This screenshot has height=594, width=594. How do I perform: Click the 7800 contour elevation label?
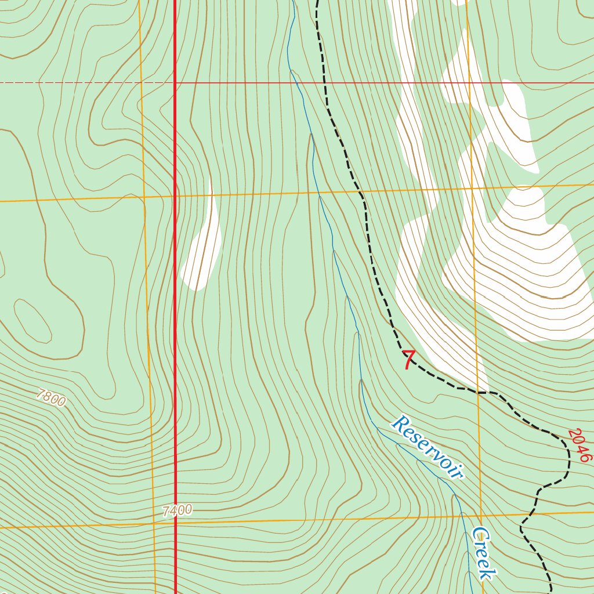tap(50, 399)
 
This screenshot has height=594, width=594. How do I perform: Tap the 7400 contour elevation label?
tap(177, 510)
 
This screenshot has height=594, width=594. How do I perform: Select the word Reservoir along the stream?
tap(428, 447)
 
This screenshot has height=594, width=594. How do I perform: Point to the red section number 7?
tap(409, 360)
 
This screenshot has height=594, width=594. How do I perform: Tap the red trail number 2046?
tap(578, 445)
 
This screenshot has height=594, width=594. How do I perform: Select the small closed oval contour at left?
tap(33, 321)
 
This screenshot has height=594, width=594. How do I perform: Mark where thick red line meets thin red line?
tap(175, 83)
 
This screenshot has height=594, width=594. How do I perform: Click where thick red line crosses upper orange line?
tap(175, 196)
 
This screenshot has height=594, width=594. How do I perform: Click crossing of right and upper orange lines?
tap(470, 188)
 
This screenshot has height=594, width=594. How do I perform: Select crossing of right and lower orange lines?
tap(481, 515)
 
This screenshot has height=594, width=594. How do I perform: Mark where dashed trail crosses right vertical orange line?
tap(478, 392)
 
